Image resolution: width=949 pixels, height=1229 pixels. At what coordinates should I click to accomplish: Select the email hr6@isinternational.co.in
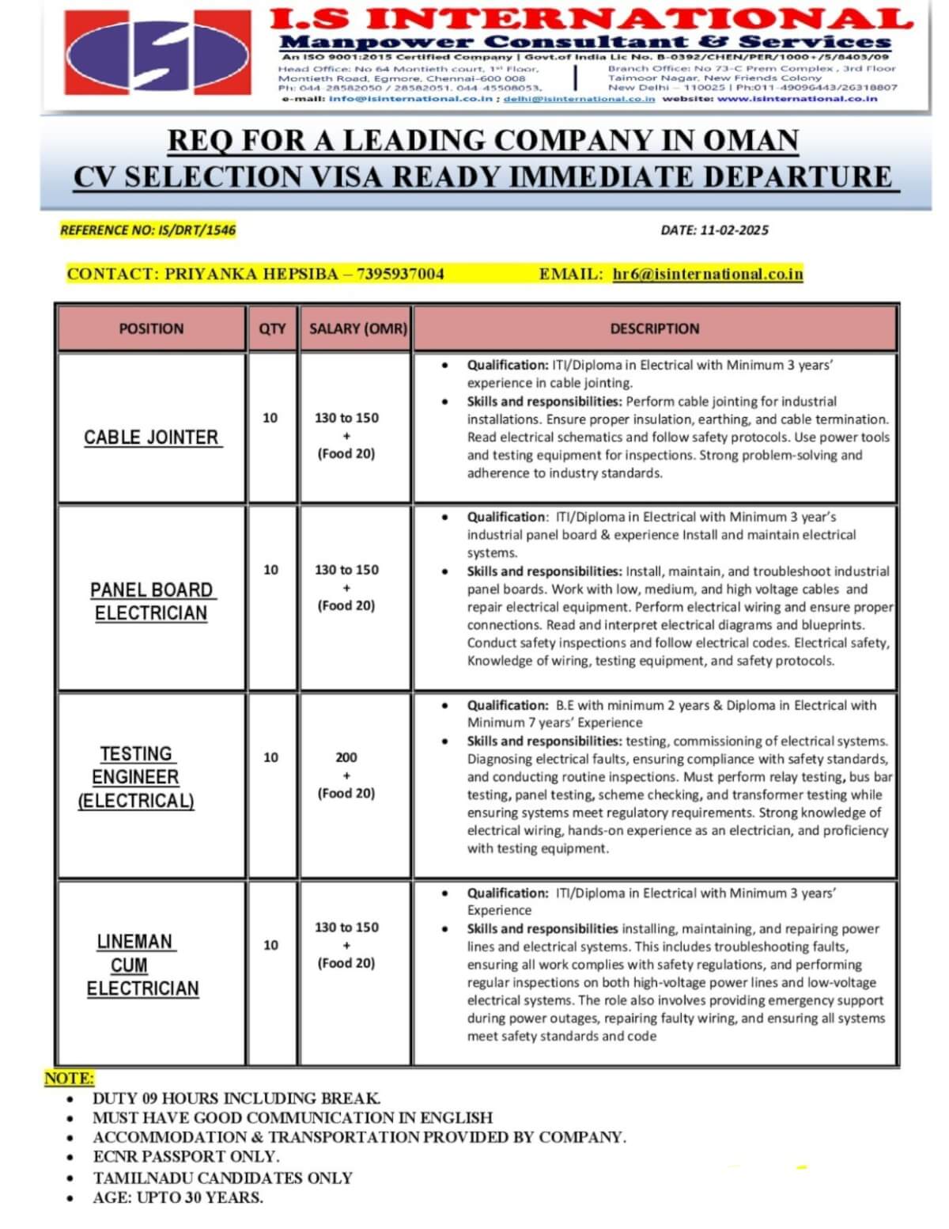point(708,275)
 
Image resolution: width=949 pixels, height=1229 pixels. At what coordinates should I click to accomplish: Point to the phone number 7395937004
point(400,275)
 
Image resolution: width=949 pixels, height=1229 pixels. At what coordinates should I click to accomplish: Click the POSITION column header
point(151,328)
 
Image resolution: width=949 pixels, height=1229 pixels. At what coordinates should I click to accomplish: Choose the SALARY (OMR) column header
point(358,328)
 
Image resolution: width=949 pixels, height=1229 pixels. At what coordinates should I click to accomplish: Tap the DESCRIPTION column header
point(655,328)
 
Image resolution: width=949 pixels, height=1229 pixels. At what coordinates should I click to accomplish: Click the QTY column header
point(272,328)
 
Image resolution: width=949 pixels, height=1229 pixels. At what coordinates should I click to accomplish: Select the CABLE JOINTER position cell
point(151,437)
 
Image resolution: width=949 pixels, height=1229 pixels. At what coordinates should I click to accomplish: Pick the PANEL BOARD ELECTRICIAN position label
point(151,601)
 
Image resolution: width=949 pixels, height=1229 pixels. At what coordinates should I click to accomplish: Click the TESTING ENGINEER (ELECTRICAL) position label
point(136,777)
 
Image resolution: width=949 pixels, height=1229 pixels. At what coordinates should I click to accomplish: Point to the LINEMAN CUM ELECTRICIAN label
point(142,965)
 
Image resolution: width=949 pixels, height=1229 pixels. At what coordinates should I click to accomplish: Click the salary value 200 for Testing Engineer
point(346,757)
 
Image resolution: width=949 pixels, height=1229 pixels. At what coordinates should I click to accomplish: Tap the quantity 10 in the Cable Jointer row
point(270,418)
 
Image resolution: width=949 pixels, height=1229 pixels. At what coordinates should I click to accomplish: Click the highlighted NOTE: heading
point(69,1078)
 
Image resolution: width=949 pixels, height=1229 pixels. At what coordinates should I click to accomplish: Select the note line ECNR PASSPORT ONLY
point(175,1157)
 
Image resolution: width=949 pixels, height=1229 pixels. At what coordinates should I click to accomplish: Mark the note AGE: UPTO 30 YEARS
point(178,1197)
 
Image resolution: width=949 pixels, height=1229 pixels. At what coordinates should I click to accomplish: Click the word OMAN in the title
point(751,141)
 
